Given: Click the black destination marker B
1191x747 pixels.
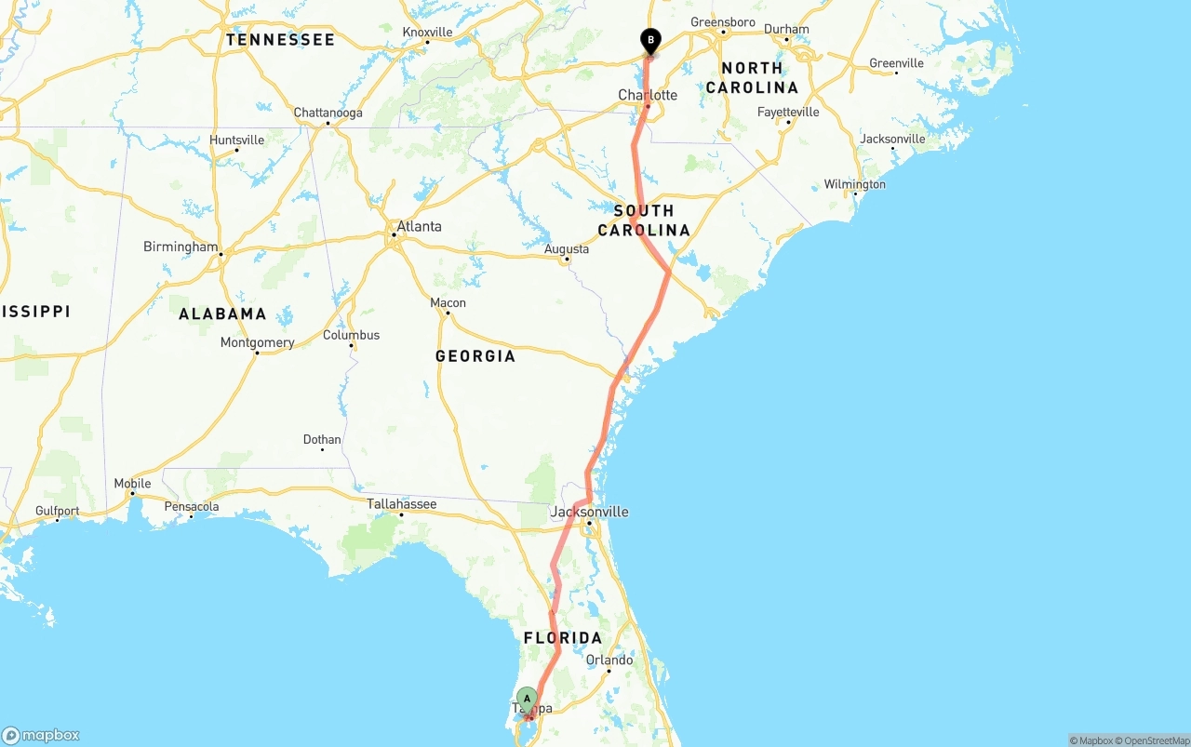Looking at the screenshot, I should coord(650,41).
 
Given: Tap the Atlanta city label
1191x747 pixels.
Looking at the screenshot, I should coord(419,226).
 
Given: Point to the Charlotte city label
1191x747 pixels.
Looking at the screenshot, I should coord(648,95).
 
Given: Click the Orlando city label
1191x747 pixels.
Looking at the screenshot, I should coord(609,660).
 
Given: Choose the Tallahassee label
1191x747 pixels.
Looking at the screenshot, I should coord(401,504).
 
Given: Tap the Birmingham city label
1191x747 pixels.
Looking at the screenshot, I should coord(181,247).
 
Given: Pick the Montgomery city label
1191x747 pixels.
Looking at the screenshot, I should coord(257,342).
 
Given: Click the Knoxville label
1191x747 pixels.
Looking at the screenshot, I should coord(427,32).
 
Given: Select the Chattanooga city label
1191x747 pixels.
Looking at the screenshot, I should coord(328,113).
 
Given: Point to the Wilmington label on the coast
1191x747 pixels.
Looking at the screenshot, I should coord(854,184).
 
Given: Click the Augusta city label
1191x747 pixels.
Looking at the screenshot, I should coord(567,248).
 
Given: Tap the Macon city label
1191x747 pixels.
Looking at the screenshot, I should coord(448,302).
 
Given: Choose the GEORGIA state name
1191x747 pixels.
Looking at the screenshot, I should coord(475,355).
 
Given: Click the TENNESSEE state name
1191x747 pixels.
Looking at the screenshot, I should coord(279,40).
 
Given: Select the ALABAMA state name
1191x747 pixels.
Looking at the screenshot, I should coord(222,313).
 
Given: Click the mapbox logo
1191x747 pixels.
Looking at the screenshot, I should coord(41,735).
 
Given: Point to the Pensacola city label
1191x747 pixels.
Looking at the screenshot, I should coord(191,507).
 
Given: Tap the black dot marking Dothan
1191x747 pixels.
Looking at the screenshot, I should coord(322,450).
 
